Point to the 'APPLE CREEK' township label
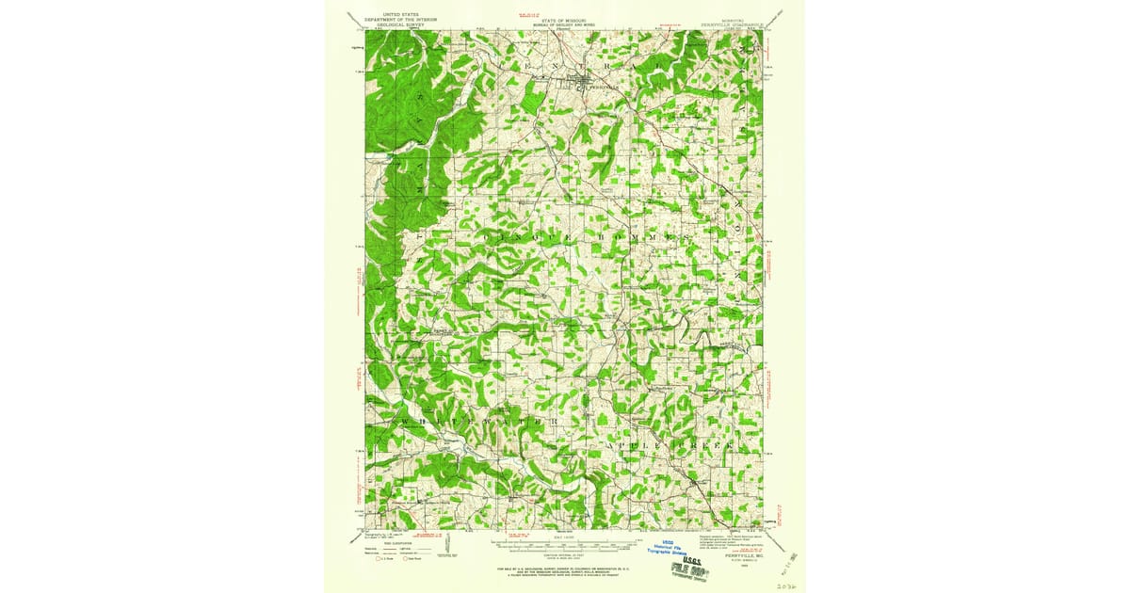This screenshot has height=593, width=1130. (669, 442)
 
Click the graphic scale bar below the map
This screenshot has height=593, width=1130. (565, 544)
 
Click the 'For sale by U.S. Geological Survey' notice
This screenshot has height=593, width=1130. (565, 569)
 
